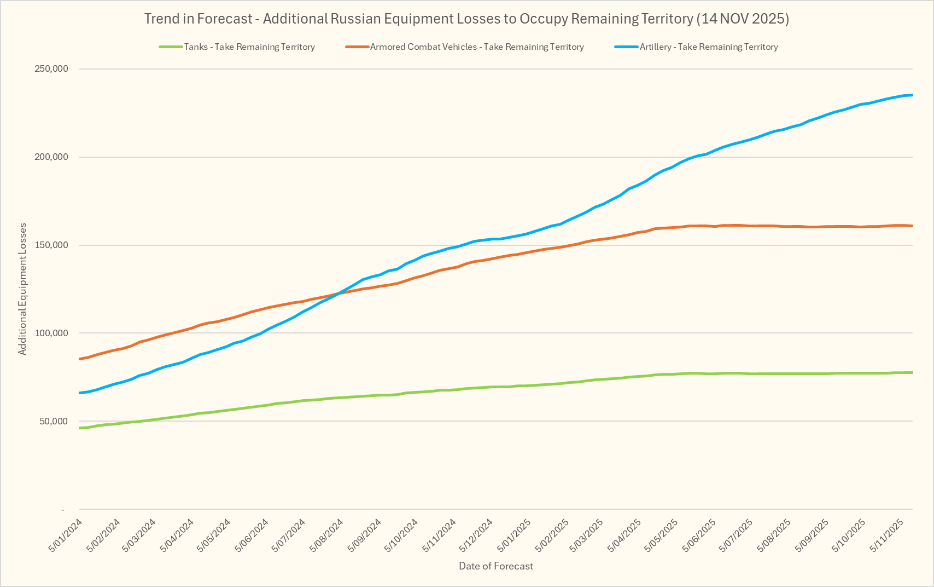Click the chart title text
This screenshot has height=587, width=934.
466,19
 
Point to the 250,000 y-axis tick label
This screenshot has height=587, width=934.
50,69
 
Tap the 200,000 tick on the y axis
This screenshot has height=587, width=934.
50,157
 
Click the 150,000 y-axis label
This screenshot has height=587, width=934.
50,245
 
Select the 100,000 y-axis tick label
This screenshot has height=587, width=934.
50,333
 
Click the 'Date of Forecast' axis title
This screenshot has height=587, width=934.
495,566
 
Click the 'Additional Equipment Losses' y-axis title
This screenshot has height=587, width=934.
22,289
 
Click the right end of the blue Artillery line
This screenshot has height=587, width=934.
912,95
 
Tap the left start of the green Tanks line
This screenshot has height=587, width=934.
80,428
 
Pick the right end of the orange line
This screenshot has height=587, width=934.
912,226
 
